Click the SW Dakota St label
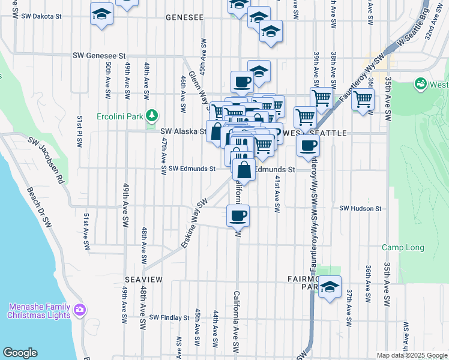(x=41, y=17)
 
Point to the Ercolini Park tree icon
(x=153, y=115)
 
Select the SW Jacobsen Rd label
(x=45, y=160)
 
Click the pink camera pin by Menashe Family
(x=80, y=310)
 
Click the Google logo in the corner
(x=20, y=353)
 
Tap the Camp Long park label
(x=403, y=247)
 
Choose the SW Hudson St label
(x=360, y=208)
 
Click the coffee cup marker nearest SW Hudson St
(x=238, y=215)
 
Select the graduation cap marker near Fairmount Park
(x=330, y=287)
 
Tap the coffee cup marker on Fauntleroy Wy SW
(x=308, y=145)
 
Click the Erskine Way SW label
(x=194, y=223)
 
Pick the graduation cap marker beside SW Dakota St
(x=102, y=13)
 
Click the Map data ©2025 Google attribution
(x=411, y=355)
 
